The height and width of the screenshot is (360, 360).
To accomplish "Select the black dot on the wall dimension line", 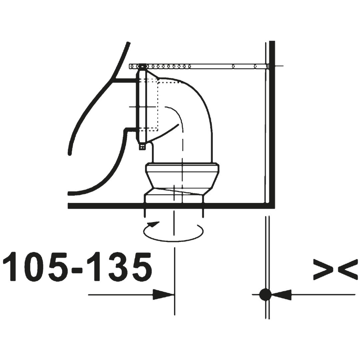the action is pyautogui.click(x=265, y=295).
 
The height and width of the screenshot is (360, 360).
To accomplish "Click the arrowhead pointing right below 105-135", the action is pyautogui.click(x=163, y=295).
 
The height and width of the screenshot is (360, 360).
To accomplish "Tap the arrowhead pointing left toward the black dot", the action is pyautogui.click(x=281, y=295).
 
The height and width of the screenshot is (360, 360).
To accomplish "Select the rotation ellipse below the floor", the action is pyautogui.click(x=173, y=241).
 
